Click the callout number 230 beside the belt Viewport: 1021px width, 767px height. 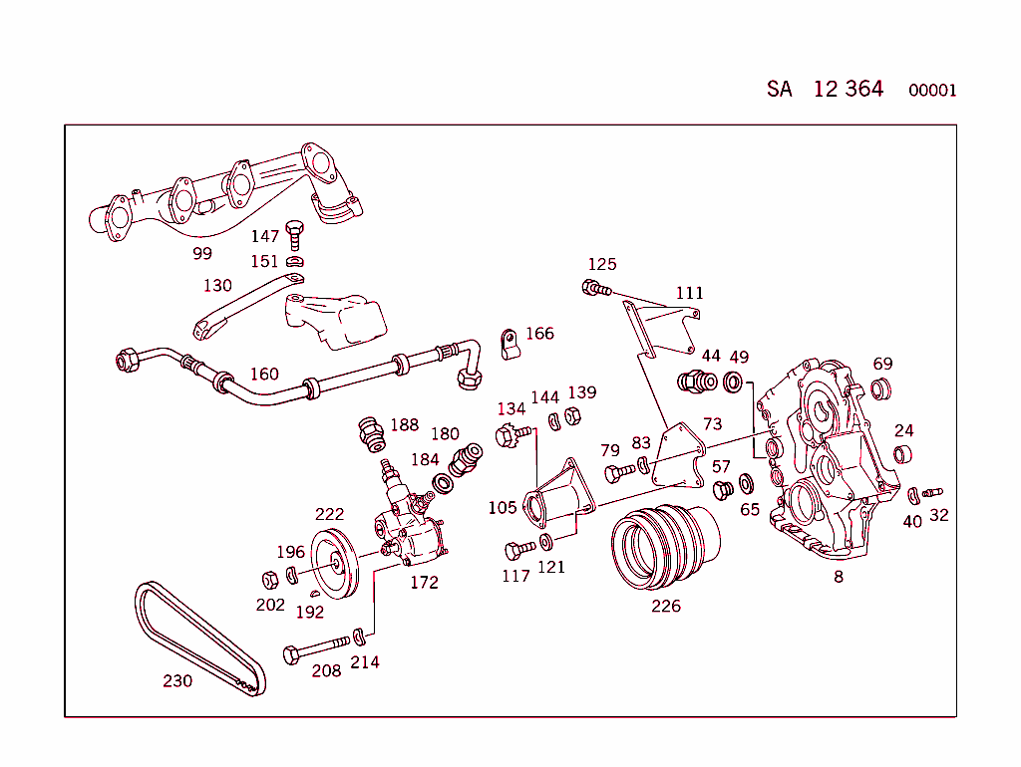click(177, 681)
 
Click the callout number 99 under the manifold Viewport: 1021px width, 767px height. click(202, 253)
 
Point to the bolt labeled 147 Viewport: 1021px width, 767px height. click(293, 236)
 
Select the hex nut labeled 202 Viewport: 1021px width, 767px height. click(268, 578)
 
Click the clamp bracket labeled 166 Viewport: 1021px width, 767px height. click(509, 344)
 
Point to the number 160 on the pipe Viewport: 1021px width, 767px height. click(264, 375)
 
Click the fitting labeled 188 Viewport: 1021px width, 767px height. click(371, 433)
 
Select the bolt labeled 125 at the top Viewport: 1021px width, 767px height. click(593, 289)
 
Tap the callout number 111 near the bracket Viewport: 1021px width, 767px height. click(689, 293)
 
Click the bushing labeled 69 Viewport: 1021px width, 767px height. click(881, 388)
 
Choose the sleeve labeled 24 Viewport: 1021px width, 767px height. click(902, 455)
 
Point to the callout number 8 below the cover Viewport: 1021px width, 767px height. click(839, 576)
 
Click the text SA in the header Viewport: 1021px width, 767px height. click(779, 89)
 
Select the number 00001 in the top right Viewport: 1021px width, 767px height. click(932, 91)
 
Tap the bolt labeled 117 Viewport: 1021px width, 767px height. click(519, 549)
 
